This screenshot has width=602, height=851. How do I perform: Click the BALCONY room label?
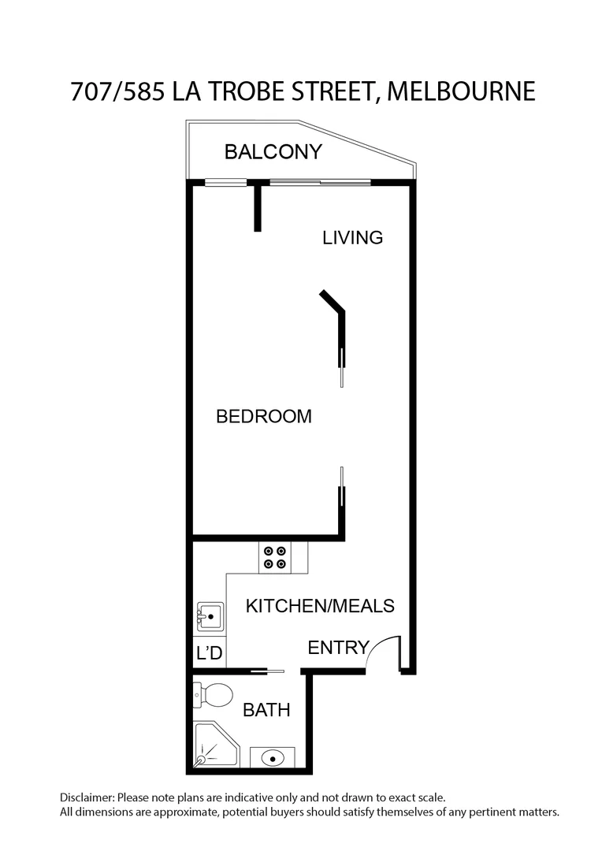point(273,151)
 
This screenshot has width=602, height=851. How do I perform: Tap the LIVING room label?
point(352,236)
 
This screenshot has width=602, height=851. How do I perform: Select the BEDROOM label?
point(263,416)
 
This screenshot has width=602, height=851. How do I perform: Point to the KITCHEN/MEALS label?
point(320,606)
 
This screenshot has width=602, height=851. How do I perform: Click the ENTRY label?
point(338,648)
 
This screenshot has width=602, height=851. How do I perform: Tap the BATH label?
point(266,710)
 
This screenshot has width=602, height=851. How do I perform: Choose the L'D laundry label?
point(209,653)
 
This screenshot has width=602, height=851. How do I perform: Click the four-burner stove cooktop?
point(275,558)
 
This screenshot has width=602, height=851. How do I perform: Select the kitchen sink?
point(210,615)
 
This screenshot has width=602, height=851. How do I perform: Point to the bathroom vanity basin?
point(272,758)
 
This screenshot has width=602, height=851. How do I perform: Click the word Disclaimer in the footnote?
point(87,797)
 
